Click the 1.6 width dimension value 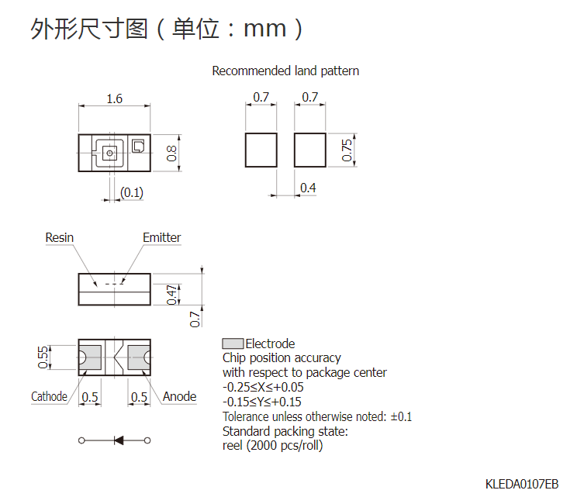tap(114, 98)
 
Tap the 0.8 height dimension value tap(171, 153)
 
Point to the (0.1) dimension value tap(132, 192)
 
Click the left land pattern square tap(261, 150)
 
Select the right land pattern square tap(310, 150)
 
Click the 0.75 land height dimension tap(347, 150)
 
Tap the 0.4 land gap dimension tap(308, 188)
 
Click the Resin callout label tap(60, 237)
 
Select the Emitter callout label tap(161, 237)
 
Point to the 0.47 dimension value tap(171, 295)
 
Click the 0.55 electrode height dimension tap(43, 357)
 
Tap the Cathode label tap(49, 396)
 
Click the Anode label tap(179, 396)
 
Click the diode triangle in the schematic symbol tap(119, 440)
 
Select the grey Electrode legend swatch tap(233, 343)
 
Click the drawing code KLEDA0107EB tap(522, 484)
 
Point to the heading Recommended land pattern tap(285, 71)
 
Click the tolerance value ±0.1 tap(401, 416)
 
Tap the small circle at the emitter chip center tap(109, 153)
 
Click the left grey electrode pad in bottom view tap(91, 357)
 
